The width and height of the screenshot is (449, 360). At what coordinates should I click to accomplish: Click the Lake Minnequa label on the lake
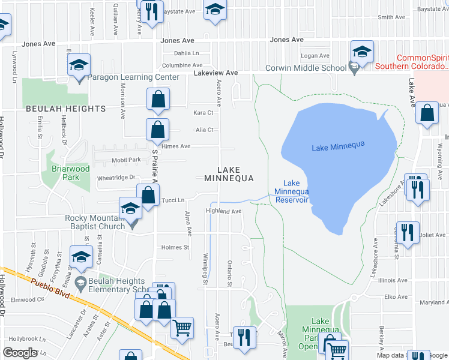point(339,148)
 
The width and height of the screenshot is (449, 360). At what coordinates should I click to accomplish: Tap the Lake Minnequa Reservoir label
point(291,191)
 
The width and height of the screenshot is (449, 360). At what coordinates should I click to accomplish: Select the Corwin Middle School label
point(306,68)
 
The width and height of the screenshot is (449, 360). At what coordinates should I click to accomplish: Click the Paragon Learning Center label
point(133,77)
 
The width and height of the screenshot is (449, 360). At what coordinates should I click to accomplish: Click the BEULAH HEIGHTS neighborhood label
point(65,109)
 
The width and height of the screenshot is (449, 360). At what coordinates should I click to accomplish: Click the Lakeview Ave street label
point(215,73)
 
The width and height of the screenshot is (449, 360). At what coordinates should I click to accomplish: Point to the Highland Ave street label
point(223,211)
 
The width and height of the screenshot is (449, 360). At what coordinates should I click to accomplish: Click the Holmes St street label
point(175,247)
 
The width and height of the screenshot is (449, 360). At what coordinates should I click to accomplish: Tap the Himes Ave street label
point(175,146)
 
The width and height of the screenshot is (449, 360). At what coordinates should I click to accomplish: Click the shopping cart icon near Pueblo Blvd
point(182,328)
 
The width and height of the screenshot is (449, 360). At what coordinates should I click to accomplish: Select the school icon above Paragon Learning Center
point(79,64)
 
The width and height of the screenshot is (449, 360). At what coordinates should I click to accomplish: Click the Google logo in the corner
point(20,353)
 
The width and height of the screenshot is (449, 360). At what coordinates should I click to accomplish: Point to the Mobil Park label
point(126,161)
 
